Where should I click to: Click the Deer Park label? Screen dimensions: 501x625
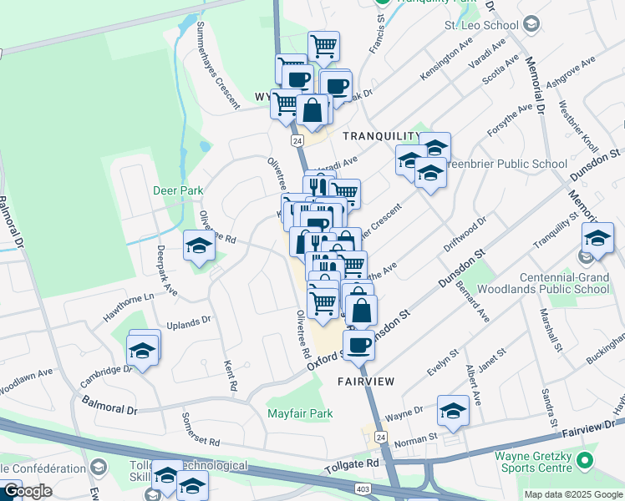tap(178, 190)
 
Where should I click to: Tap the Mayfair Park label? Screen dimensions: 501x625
tap(300, 413)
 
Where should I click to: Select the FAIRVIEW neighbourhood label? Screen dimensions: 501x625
tap(365, 381)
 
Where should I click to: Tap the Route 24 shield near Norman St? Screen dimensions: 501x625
tap(381, 437)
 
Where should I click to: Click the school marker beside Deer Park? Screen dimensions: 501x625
tap(199, 246)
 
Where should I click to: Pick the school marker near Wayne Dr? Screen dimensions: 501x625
tap(453, 411)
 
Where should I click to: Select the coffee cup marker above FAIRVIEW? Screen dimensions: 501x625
tap(359, 344)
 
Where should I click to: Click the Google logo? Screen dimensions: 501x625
tap(27, 491)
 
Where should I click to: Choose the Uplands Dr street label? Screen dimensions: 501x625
tap(189, 323)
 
